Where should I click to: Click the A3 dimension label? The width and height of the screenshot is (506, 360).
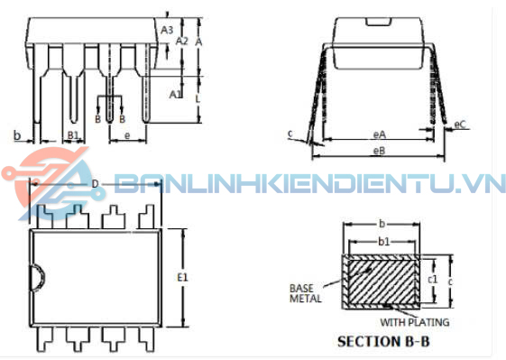coord(167,30)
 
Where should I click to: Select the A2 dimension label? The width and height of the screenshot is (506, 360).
coord(181,41)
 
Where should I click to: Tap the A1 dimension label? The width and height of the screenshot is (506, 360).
coord(176,94)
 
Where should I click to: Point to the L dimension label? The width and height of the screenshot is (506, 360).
coord(198,99)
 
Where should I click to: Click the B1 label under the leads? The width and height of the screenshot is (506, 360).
coord(73,135)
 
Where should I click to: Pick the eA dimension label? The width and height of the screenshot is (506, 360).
coord(379,134)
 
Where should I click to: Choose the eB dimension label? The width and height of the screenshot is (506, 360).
coord(379,151)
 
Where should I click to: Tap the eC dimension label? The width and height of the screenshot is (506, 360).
coord(460,125)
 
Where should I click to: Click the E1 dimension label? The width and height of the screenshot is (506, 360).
coord(182,277)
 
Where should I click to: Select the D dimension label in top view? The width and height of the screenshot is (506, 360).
coord(95,184)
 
